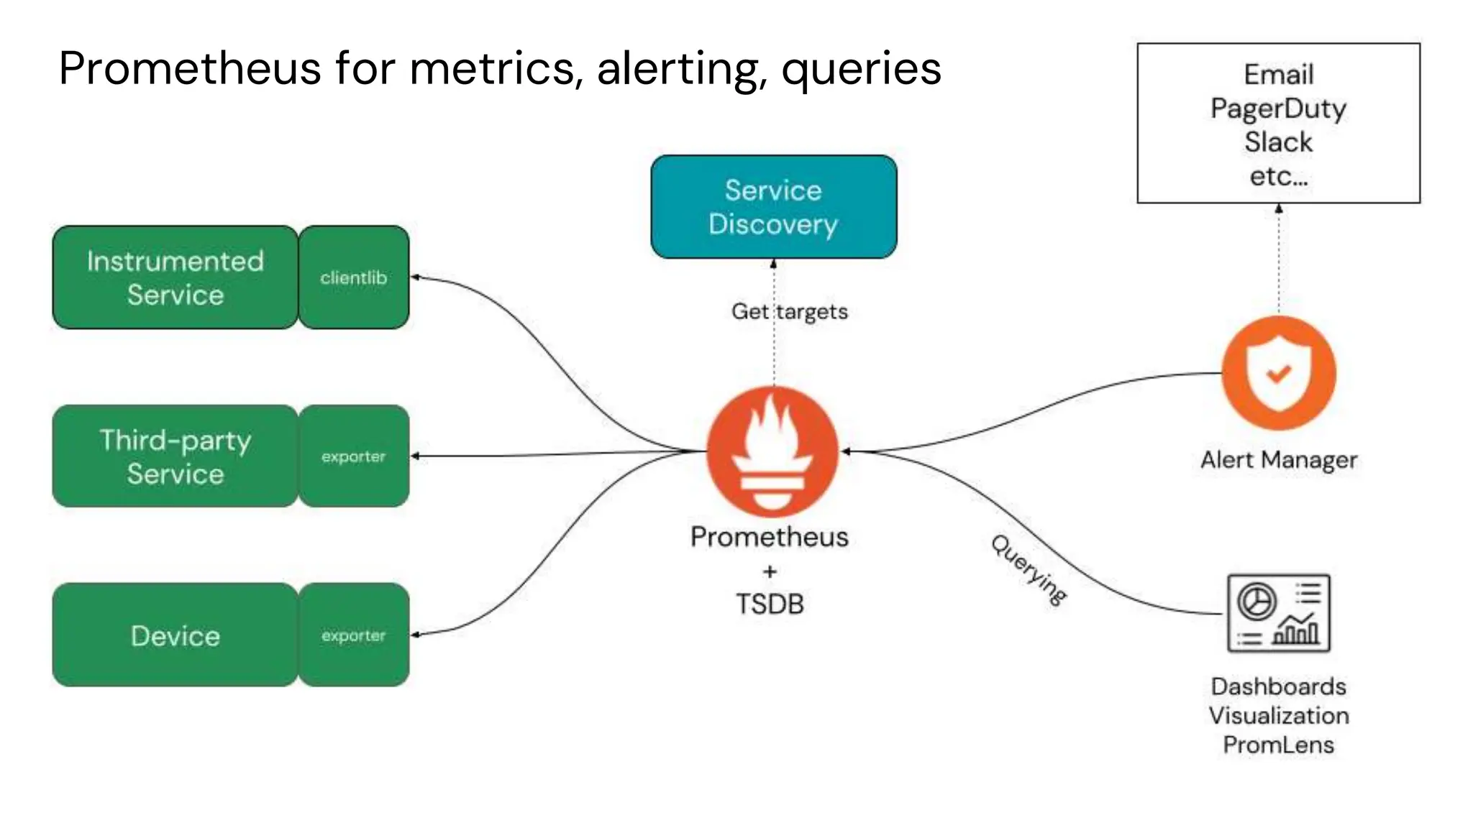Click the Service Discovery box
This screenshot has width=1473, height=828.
pos(773,207)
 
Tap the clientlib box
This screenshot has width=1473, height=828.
pos(353,277)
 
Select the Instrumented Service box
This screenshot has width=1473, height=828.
pos(175,277)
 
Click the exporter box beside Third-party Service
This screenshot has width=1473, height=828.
pos(353,456)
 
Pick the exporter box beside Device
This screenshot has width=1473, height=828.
pos(353,635)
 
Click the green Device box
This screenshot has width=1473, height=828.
pos(175,635)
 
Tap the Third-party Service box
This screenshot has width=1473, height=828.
pos(175,456)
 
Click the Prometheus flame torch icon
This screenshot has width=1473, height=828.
pos(772,451)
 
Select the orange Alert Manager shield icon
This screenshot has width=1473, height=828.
pos(1278,373)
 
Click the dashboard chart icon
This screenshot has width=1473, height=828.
pos(1278,613)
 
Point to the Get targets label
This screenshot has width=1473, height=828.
pos(789,311)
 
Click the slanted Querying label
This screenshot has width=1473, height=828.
pos(1029,569)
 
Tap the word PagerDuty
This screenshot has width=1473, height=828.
pos(1278,109)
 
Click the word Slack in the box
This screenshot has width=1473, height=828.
pos(1278,142)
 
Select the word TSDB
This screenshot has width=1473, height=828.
pos(770,604)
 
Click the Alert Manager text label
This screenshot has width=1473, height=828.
pos(1278,460)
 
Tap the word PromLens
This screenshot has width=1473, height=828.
pos(1278,745)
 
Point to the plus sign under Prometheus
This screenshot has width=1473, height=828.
pos(770,571)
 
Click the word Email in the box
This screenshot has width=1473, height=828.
pos(1278,74)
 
